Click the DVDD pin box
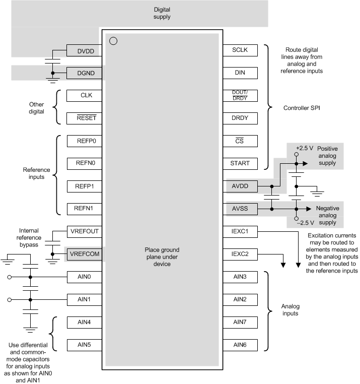click(86, 50)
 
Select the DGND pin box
click(86, 73)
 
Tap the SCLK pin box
click(240, 50)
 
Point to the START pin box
click(240, 164)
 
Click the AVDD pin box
click(240, 186)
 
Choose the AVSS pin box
click(240, 209)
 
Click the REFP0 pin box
click(86, 141)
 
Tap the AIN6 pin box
click(240, 345)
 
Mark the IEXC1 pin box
click(240, 231)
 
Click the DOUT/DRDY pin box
click(240, 96)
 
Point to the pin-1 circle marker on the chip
click(113, 41)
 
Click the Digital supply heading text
click(162, 13)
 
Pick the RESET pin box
click(86, 118)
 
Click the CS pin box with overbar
click(240, 141)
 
